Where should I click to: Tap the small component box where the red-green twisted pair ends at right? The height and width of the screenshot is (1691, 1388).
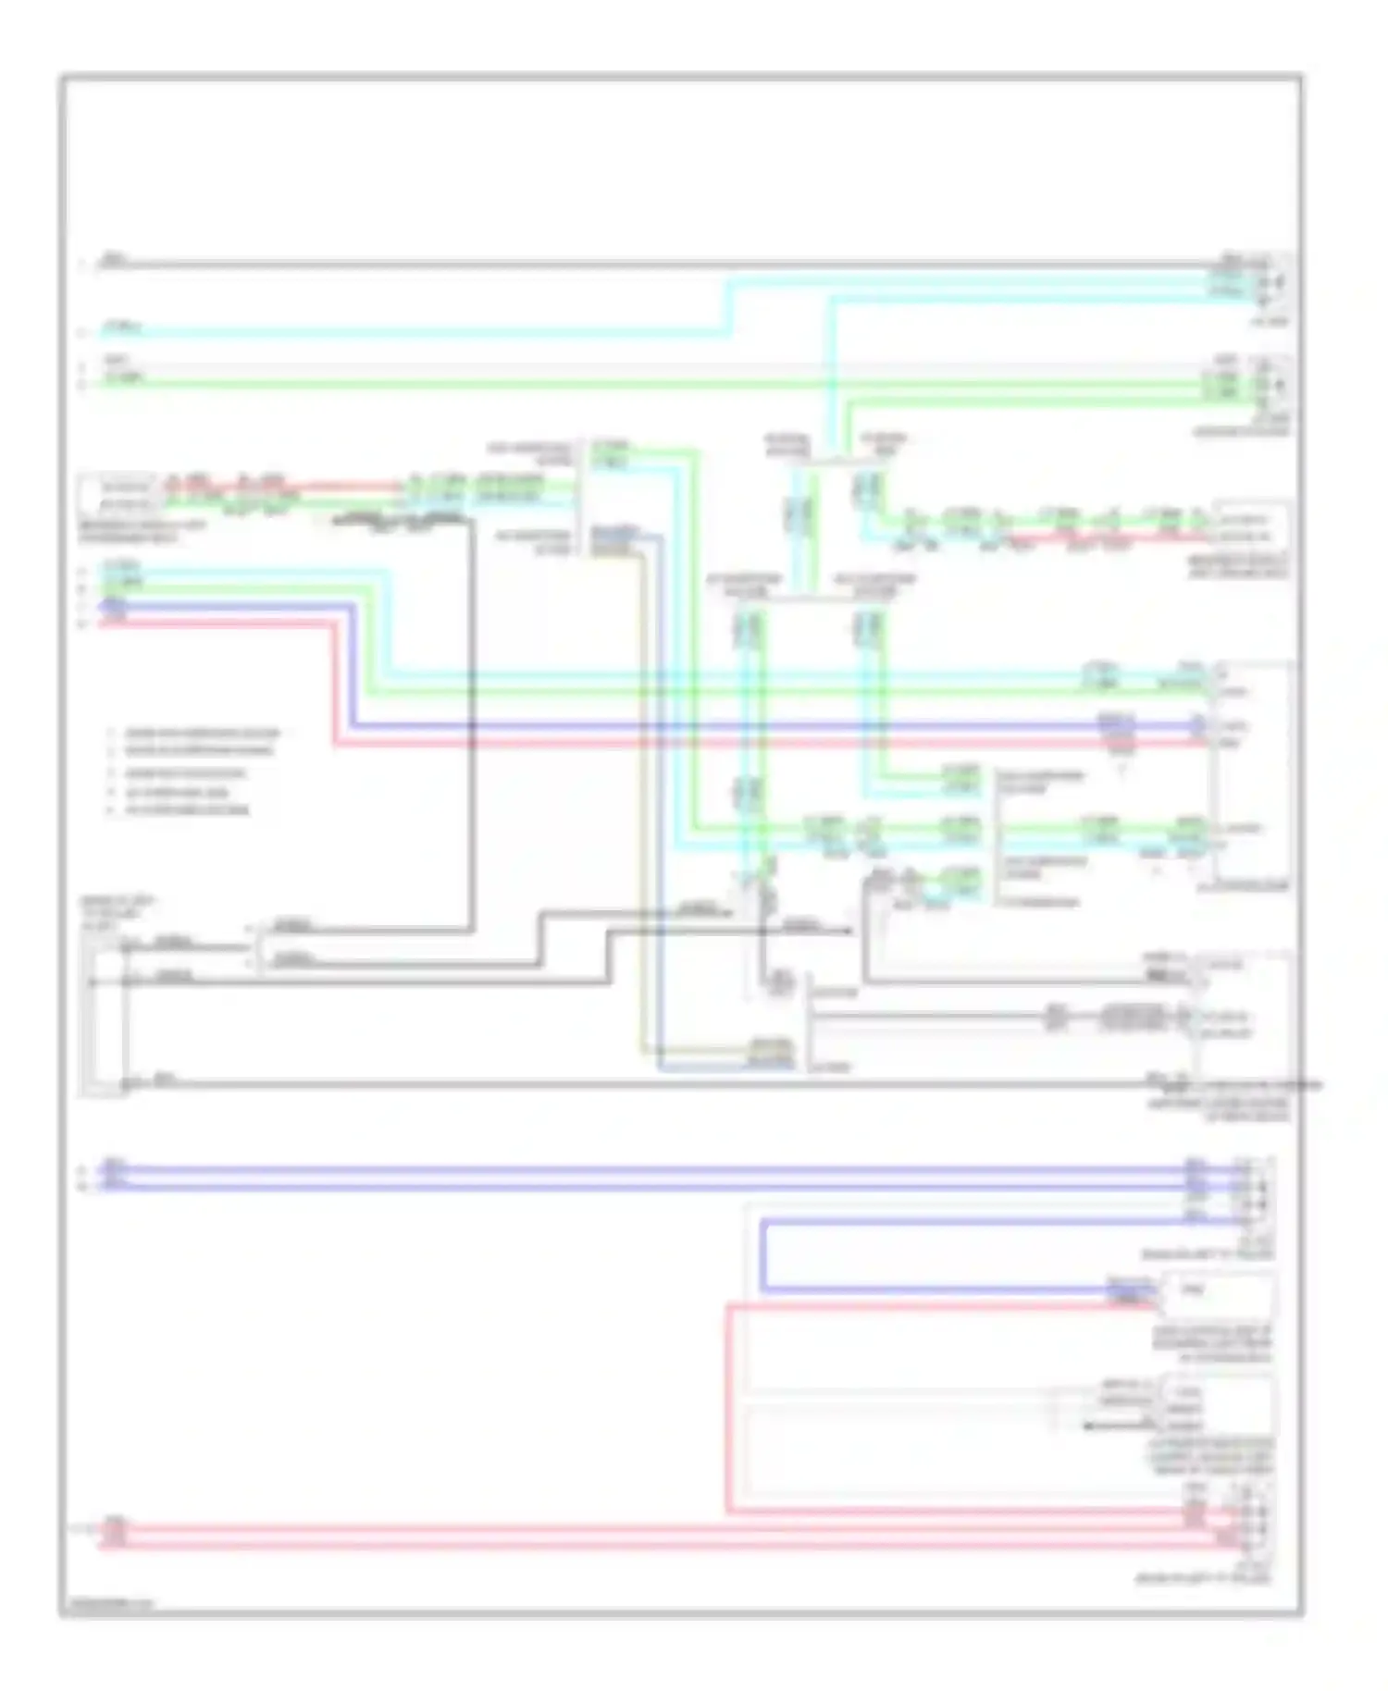coord(1250,526)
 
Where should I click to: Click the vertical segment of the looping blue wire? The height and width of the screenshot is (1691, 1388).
coord(763,1255)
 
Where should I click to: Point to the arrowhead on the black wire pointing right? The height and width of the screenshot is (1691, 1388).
coord(849,931)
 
